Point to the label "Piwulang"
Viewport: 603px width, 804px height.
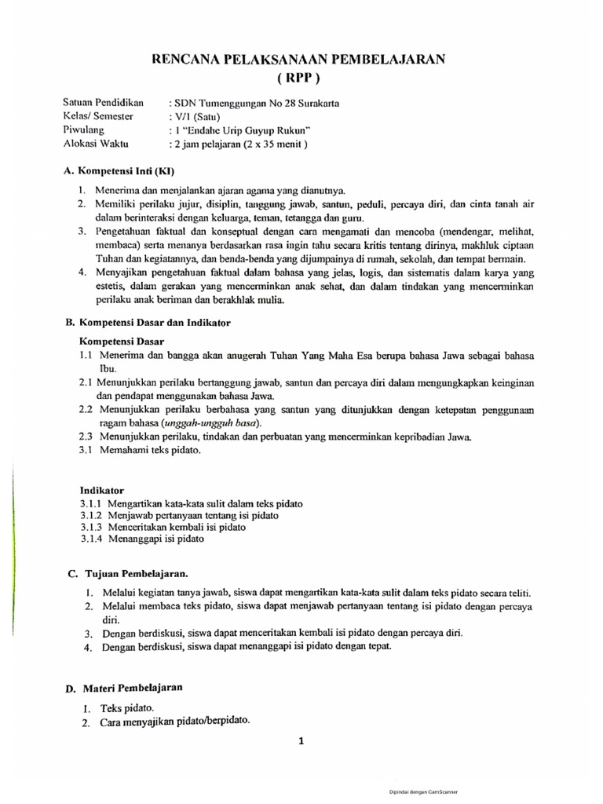click(x=84, y=130)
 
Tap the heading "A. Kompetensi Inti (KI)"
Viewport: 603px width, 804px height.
click(x=119, y=170)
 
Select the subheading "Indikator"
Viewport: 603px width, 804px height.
click(x=102, y=489)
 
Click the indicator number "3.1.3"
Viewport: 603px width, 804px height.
click(x=92, y=528)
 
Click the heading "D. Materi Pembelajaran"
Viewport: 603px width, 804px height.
click(x=124, y=688)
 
